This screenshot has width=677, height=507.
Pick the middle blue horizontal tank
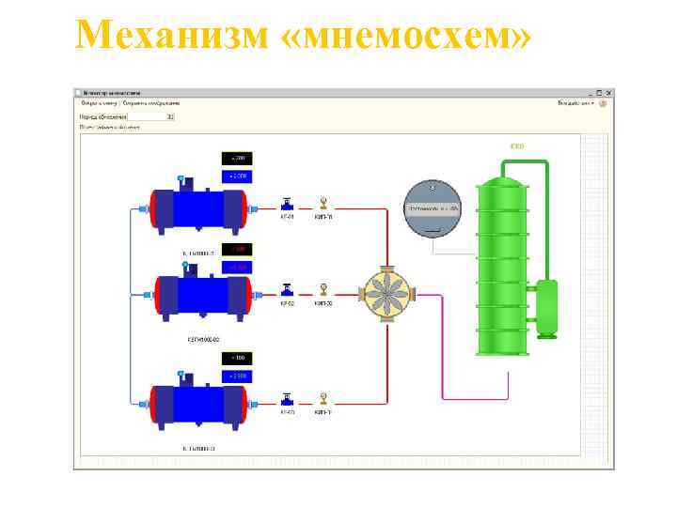tap(201, 295)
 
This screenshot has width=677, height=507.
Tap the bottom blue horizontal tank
tap(198, 401)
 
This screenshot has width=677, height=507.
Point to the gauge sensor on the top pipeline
tap(323, 203)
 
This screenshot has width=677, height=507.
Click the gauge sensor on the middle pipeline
tap(323, 289)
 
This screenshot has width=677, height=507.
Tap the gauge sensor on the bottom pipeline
tap(323, 397)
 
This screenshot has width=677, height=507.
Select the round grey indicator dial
tap(432, 207)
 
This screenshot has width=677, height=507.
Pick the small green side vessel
tap(546, 308)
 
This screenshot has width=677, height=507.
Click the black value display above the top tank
tap(237, 158)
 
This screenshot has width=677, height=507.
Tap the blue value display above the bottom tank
tap(237, 376)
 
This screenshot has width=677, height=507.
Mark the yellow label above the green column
tap(516, 146)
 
